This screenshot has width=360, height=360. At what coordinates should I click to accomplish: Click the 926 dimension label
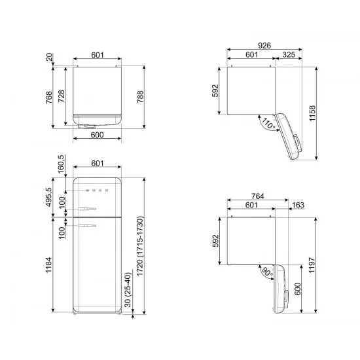pyautogui.click(x=264, y=45)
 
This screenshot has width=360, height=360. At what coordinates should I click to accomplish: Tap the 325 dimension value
pyautogui.click(x=289, y=54)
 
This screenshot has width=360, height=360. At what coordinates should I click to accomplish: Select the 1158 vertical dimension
pyautogui.click(x=312, y=113)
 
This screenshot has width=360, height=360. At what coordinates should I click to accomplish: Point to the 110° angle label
pyautogui.click(x=268, y=124)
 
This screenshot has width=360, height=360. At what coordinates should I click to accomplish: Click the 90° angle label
pyautogui.click(x=267, y=272)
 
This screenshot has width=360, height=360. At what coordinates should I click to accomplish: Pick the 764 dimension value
pyautogui.click(x=258, y=196)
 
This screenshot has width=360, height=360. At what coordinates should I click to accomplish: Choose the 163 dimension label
pyautogui.click(x=298, y=205)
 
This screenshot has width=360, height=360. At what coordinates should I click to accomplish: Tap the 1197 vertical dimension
pyautogui.click(x=312, y=265)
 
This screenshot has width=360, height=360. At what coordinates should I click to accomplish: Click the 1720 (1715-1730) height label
pyautogui.click(x=140, y=246)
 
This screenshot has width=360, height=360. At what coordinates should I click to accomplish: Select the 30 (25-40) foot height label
pyautogui.click(x=128, y=290)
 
